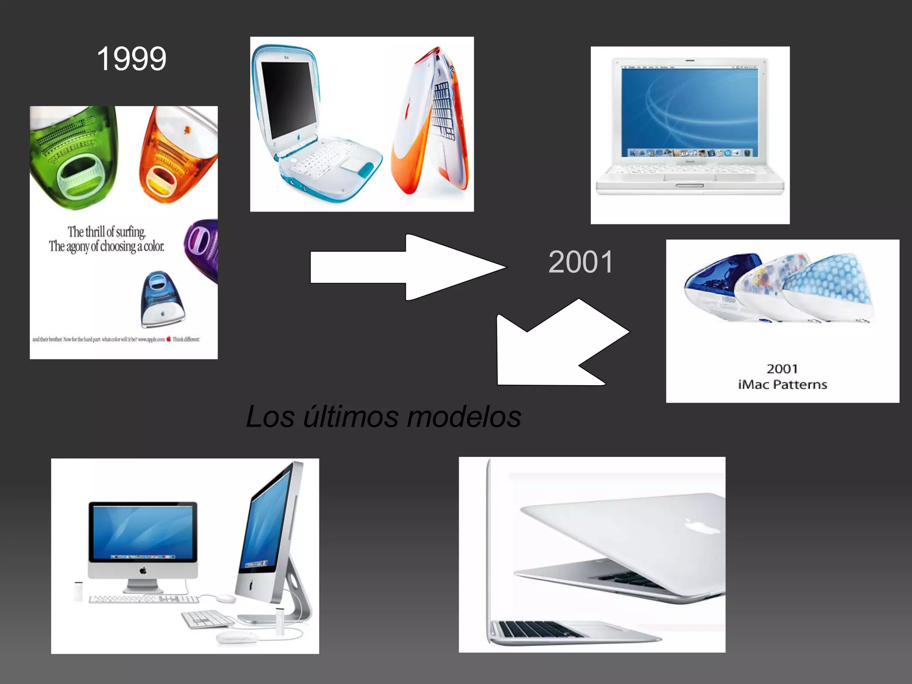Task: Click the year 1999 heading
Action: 131,59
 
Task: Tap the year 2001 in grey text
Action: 581,262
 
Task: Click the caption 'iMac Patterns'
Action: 782,384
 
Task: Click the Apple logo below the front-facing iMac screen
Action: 143,570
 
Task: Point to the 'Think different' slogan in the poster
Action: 186,339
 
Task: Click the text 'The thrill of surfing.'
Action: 106,232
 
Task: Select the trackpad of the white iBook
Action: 690,178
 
